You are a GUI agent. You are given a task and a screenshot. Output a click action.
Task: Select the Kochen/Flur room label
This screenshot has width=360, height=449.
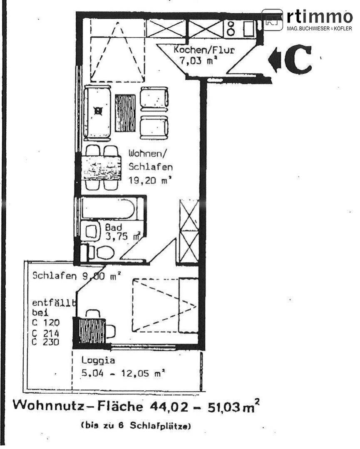204,50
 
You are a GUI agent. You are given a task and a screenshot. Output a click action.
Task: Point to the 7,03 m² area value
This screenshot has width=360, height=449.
199,60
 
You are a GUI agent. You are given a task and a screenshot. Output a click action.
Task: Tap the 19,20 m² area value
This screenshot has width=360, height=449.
150,180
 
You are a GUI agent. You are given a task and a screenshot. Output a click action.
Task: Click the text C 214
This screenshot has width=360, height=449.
46,333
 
